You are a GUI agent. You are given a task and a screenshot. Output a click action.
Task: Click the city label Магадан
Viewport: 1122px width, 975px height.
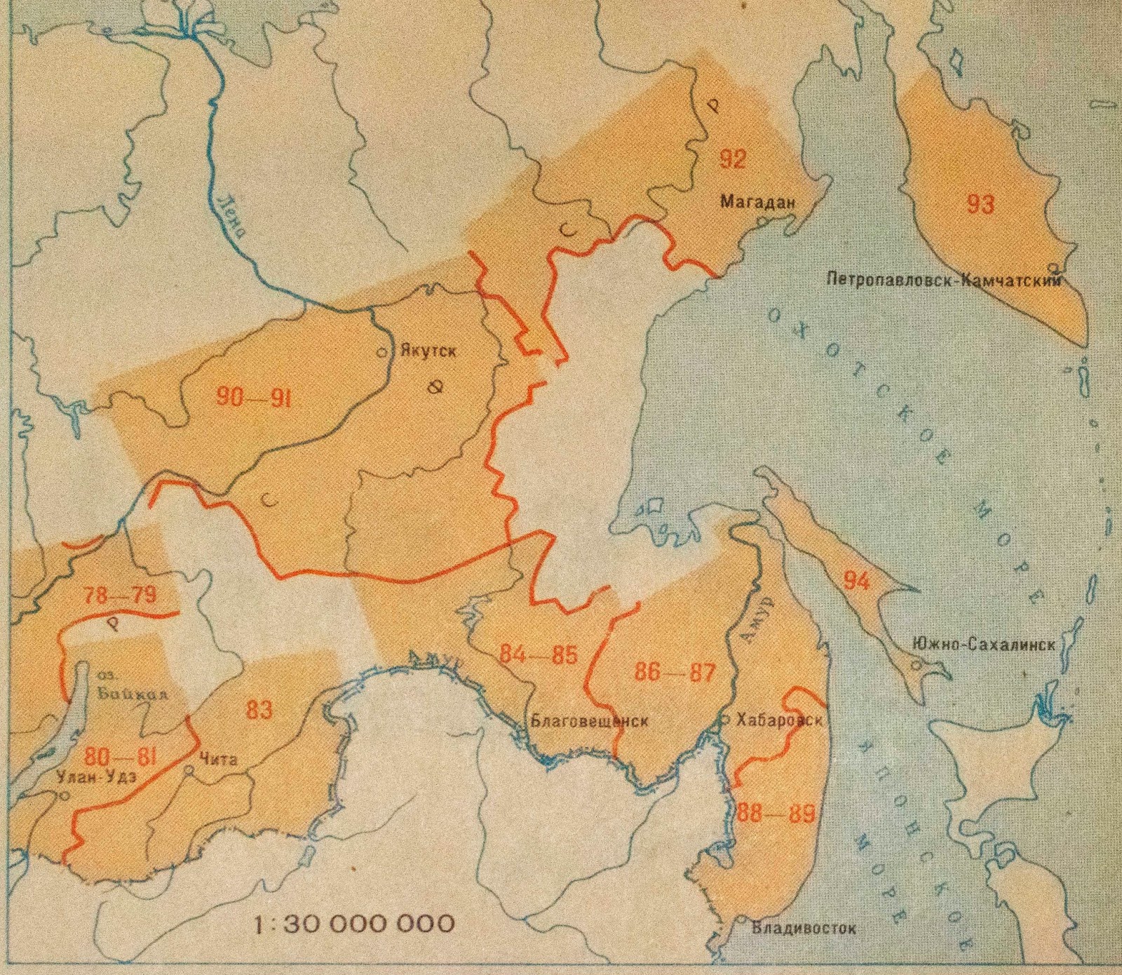point(759,202)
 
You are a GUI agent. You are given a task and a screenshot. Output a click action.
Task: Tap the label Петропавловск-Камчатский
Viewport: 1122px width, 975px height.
point(943,280)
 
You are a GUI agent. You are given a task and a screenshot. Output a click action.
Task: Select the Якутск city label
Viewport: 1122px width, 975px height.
point(428,350)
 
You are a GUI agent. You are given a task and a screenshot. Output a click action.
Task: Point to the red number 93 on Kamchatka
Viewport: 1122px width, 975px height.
point(980,204)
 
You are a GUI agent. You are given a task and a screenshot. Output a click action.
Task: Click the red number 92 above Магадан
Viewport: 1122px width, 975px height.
point(732,159)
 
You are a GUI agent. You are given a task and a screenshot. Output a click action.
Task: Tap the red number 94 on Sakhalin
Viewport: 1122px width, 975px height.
point(856,581)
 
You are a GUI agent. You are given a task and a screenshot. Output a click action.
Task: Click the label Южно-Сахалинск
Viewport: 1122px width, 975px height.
point(983,644)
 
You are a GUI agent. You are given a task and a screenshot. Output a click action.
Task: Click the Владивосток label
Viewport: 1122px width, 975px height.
point(804,928)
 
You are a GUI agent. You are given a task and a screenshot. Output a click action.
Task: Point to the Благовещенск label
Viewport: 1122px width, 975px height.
point(589,720)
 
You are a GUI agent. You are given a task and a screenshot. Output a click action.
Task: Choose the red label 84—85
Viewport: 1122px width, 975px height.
point(539,654)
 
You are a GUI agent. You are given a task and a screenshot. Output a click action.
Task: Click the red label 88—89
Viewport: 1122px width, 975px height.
point(776,814)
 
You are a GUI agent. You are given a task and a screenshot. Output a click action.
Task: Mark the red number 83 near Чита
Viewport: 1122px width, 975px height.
point(259,709)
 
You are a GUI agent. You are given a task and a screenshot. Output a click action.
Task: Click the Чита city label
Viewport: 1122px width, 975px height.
point(218,759)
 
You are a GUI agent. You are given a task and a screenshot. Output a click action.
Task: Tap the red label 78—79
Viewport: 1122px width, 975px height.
point(120,596)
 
